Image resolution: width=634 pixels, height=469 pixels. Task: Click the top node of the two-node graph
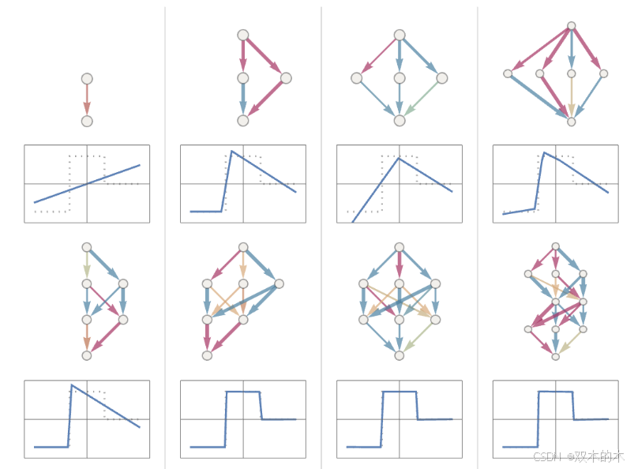pyautogui.click(x=87, y=79)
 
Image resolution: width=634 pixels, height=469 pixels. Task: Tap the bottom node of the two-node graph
pyautogui.click(x=87, y=121)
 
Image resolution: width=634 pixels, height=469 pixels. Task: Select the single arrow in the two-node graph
pyautogui.click(x=87, y=100)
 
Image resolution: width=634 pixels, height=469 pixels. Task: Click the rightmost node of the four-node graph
pyautogui.click(x=286, y=77)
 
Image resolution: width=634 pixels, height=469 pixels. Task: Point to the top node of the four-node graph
pyautogui.click(x=243, y=35)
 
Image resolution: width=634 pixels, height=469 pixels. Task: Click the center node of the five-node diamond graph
pyautogui.click(x=400, y=78)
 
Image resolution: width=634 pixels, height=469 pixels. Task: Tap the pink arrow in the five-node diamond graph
pyautogui.click(x=378, y=56)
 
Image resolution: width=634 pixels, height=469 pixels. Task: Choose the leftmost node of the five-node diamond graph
pyautogui.click(x=357, y=78)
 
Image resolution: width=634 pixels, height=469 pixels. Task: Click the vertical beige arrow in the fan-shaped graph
pyautogui.click(x=572, y=98)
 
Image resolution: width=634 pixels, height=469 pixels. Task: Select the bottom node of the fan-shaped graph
pyautogui.click(x=572, y=122)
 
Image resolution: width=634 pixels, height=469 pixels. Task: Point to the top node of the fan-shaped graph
pyautogui.click(x=572, y=26)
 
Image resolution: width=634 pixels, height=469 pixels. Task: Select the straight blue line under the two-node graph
pyautogui.click(x=87, y=184)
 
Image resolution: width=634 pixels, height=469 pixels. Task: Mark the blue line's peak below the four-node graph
pyautogui.click(x=231, y=151)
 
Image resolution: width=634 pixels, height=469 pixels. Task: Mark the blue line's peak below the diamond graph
pyautogui.click(x=399, y=158)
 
